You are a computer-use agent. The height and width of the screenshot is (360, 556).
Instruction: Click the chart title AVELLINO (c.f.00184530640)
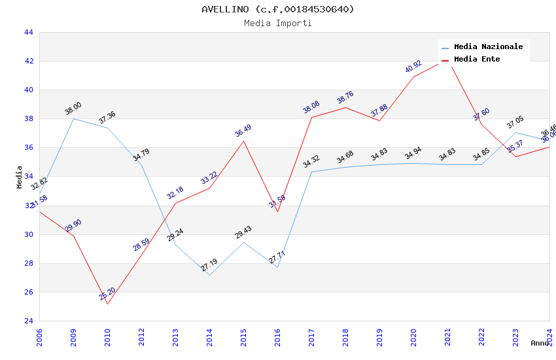(x=278, y=9)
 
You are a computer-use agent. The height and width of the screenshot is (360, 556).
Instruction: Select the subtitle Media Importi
(x=278, y=23)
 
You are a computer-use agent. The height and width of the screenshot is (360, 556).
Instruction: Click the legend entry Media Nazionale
(x=488, y=47)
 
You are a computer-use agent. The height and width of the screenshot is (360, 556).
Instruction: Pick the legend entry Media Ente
(x=477, y=60)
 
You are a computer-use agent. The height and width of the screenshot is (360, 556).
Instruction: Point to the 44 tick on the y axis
(x=28, y=32)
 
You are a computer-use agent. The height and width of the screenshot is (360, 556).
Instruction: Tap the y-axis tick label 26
(x=28, y=292)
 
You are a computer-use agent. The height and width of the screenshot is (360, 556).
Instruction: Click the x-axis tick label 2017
(x=311, y=338)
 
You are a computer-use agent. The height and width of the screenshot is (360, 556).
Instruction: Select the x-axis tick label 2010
(x=107, y=338)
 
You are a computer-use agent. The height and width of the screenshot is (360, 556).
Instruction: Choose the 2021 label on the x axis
(x=447, y=338)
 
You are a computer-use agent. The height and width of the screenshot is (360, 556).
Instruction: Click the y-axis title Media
(x=20, y=177)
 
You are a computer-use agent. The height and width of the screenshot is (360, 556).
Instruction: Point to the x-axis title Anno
(x=540, y=343)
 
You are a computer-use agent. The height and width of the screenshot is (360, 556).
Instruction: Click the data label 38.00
(x=73, y=109)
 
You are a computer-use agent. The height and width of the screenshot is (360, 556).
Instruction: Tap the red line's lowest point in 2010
(x=107, y=304)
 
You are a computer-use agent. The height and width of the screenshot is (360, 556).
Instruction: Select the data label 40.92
(x=413, y=67)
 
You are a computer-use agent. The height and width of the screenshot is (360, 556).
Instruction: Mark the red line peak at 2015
(x=243, y=141)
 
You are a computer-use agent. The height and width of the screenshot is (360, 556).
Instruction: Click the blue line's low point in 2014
(x=209, y=275)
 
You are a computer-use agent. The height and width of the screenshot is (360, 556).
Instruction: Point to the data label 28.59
(x=141, y=245)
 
